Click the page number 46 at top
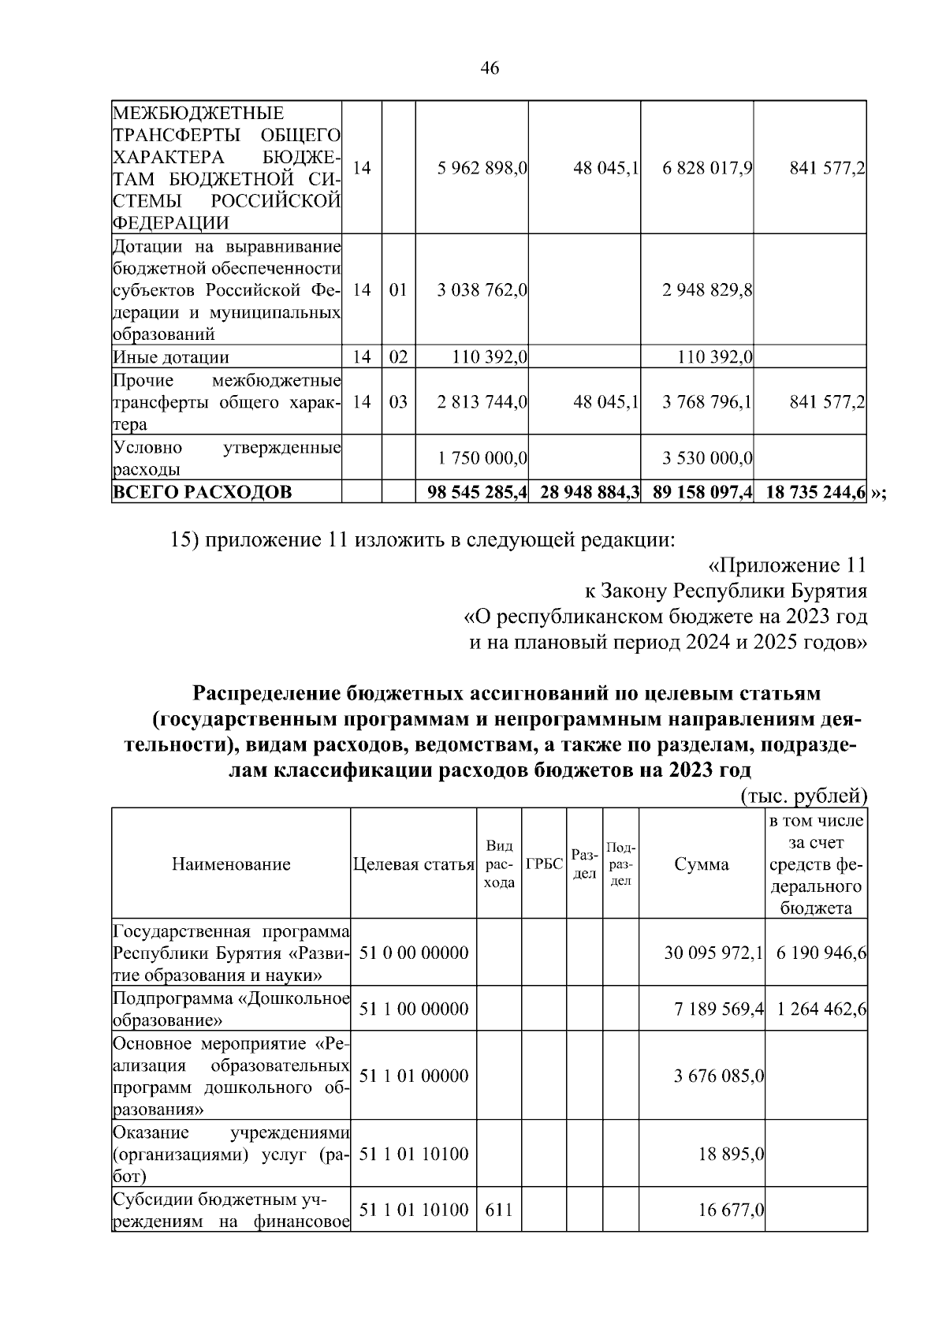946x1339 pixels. pyautogui.click(x=489, y=69)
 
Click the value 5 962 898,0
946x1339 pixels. pyautogui.click(x=482, y=168)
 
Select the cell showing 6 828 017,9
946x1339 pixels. pyautogui.click(x=707, y=168)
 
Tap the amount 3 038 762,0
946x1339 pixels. pyautogui.click(x=482, y=289)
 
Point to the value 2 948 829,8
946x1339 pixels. pyautogui.click(x=707, y=289)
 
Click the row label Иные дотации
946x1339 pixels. pyautogui.click(x=171, y=357)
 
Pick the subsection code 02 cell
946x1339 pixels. pyautogui.click(x=398, y=357)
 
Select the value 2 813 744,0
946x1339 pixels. pyautogui.click(x=482, y=402)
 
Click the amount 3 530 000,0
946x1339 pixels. pyautogui.click(x=707, y=458)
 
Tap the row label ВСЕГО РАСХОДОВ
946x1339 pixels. pyautogui.click(x=203, y=493)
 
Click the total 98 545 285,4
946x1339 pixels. pyautogui.click(x=477, y=493)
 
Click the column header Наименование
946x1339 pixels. pyautogui.click(x=230, y=864)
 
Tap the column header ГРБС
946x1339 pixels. pyautogui.click(x=543, y=864)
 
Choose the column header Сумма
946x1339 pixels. pyautogui.click(x=701, y=864)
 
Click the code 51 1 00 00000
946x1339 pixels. pyautogui.click(x=413, y=1009)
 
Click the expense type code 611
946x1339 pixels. pyautogui.click(x=498, y=1209)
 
